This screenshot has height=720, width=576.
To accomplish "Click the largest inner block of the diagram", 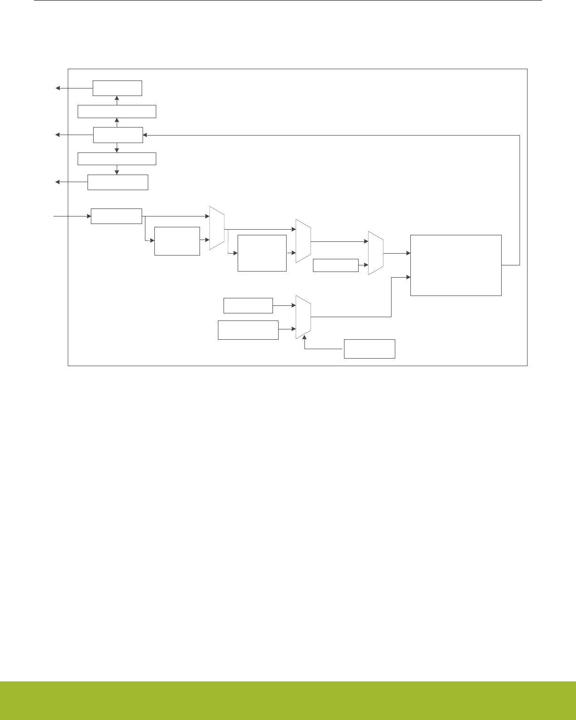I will click(x=456, y=265).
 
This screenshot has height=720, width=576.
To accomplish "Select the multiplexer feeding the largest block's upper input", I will click(x=376, y=253).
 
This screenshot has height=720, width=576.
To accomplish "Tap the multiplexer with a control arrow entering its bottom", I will click(x=303, y=317).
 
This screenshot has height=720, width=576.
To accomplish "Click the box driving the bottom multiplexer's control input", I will click(x=369, y=348).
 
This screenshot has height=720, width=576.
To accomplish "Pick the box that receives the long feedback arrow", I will click(x=118, y=135).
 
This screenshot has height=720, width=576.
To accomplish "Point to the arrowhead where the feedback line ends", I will click(x=145, y=135).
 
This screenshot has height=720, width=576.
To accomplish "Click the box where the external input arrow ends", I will click(x=116, y=216).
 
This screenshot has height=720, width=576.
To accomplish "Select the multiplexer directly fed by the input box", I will click(x=217, y=228).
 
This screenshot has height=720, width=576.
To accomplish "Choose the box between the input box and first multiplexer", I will click(x=177, y=241).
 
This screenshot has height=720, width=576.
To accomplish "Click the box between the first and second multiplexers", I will click(x=262, y=253).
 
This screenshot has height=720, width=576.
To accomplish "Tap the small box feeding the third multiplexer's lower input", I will click(x=336, y=265).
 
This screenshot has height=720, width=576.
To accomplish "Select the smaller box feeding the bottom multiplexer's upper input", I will click(x=248, y=305).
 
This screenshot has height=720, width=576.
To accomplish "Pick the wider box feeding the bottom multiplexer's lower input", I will click(x=248, y=330).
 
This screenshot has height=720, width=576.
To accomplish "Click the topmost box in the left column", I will click(x=117, y=88).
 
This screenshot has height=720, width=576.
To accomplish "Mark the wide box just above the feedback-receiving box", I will click(x=117, y=112).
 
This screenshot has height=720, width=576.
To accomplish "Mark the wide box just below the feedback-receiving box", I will click(x=117, y=159).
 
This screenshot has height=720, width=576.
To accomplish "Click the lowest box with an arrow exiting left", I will click(x=118, y=182).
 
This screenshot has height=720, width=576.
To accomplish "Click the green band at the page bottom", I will click(x=288, y=700).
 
